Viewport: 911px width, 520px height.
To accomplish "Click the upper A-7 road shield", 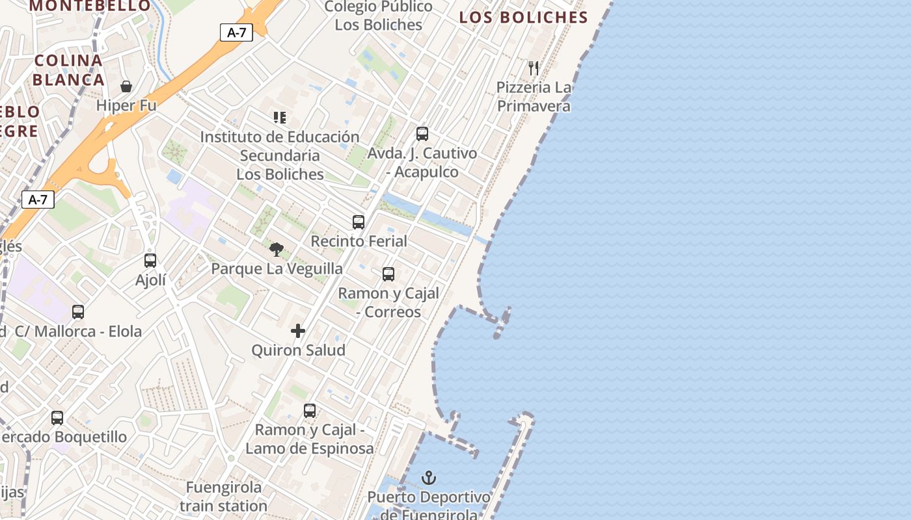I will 236,32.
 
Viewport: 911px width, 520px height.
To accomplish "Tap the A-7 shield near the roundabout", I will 38,200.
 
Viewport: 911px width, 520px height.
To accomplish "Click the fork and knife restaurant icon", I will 534,68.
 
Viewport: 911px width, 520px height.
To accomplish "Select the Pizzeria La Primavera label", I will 534,96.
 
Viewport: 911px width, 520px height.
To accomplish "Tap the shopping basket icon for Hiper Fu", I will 126,86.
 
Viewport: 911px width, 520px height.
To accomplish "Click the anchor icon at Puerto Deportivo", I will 428,478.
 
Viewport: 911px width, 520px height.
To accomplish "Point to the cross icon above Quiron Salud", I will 298,331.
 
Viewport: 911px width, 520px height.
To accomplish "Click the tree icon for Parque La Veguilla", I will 277,249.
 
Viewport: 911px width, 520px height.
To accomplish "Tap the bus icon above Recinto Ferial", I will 359,222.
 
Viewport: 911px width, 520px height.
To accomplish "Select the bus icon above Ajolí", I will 150,261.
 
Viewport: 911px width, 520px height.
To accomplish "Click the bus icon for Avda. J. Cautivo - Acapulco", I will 422,134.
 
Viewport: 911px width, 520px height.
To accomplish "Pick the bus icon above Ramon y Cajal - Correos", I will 388,274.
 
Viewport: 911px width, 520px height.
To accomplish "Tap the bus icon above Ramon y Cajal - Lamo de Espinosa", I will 310,411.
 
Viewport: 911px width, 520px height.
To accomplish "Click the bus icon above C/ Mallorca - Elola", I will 78,312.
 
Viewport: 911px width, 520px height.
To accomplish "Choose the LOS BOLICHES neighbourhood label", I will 523,18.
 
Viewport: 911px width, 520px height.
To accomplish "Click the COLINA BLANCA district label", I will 68,70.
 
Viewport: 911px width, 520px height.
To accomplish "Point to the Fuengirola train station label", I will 223,496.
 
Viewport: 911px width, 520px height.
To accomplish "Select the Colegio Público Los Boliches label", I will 378,16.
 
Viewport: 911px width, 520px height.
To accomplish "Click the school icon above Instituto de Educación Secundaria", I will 280,118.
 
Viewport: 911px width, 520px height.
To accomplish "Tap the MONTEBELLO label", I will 90,6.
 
